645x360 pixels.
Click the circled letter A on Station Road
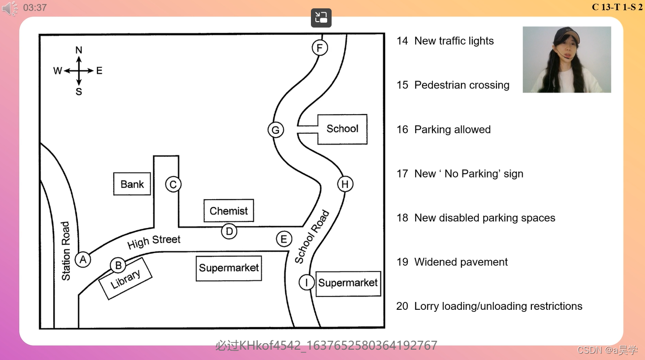pos(83,259)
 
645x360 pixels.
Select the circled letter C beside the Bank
pos(173,184)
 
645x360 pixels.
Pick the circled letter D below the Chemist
pos(229,231)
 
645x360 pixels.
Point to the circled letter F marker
pos(320,48)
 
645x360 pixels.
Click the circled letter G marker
pos(276,130)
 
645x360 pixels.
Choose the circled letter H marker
pos(345,184)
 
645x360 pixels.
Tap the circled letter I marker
pos(307,282)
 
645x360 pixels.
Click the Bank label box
pos(132,184)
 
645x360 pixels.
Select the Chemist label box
pos(229,211)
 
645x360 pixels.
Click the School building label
pos(342,129)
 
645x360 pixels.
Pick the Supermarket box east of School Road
pos(348,283)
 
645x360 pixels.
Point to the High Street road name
pos(154,241)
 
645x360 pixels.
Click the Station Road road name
pos(66,251)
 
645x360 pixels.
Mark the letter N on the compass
pos(79,50)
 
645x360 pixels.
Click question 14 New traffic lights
pos(445,41)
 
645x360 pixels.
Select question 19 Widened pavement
pos(452,262)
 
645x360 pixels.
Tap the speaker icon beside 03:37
pos(10,8)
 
